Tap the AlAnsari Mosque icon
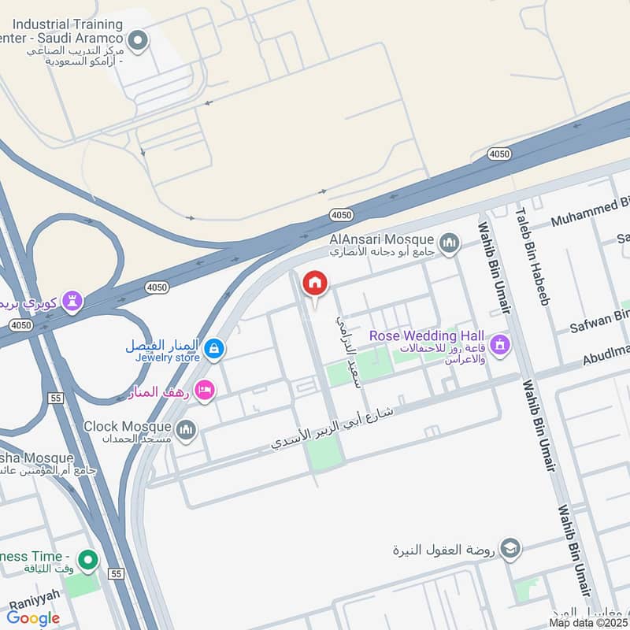(450, 242)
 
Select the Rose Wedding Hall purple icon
(499, 344)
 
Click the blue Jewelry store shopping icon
(213, 347)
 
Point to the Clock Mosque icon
(186, 429)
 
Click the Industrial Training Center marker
(139, 40)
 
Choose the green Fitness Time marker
(87, 561)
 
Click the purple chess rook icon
(72, 302)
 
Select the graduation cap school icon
(510, 549)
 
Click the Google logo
(33, 618)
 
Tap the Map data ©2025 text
(589, 622)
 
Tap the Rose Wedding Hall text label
(427, 336)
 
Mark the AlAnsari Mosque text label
(381, 239)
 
